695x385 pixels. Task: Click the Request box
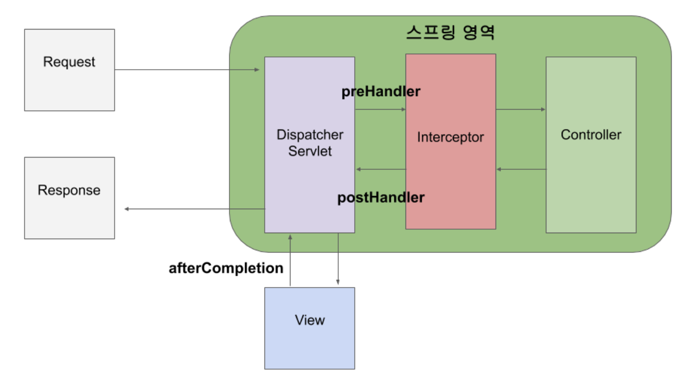click(69, 70)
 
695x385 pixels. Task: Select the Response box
click(69, 198)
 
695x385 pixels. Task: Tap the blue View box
click(309, 328)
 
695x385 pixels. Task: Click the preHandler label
click(381, 92)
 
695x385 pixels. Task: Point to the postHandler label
click(381, 198)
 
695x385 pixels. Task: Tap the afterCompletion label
click(226, 268)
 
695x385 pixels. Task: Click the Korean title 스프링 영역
click(450, 34)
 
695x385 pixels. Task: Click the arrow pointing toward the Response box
click(193, 209)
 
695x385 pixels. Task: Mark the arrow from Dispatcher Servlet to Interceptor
click(380, 109)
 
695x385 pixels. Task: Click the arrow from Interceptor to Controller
click(520, 109)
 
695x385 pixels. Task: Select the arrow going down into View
click(338, 259)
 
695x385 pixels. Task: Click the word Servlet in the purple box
click(310, 151)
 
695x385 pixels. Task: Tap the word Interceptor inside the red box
click(450, 137)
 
